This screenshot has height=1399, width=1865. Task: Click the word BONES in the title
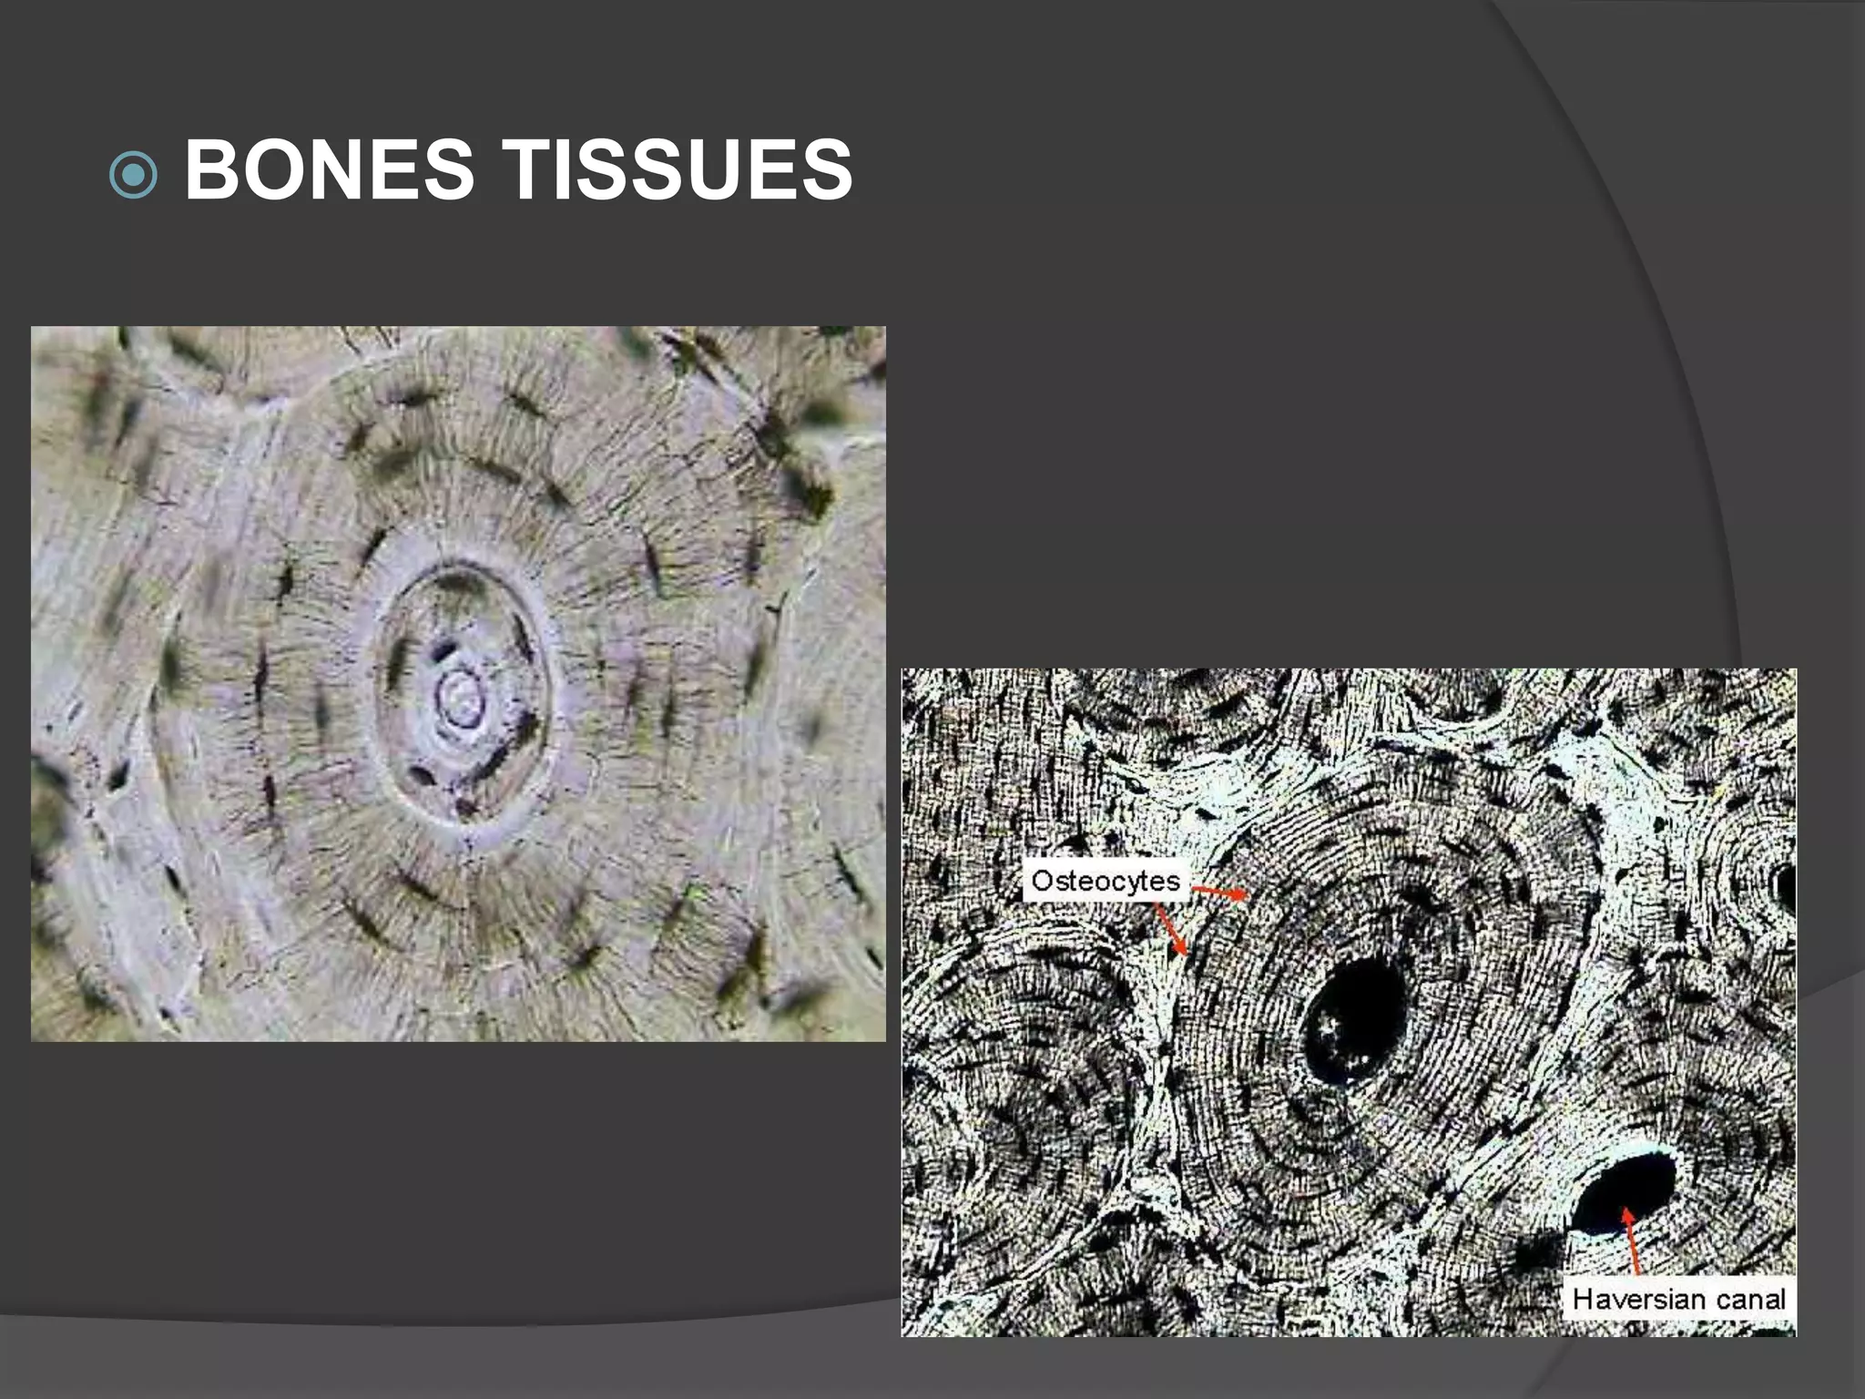[x=329, y=169]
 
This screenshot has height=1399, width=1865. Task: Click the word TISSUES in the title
[x=678, y=169]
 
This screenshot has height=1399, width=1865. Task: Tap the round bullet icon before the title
[x=133, y=173]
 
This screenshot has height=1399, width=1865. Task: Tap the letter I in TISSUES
[x=566, y=169]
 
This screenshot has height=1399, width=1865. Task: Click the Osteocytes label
[x=1106, y=881]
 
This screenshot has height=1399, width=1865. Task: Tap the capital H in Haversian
[x=1583, y=1299]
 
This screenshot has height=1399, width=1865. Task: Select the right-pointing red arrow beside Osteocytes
[x=1220, y=892]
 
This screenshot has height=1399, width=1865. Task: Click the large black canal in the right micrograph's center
[x=1354, y=1021]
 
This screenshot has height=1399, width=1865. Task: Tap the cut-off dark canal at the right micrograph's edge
[x=1787, y=887]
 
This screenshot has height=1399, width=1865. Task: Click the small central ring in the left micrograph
[x=461, y=699]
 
